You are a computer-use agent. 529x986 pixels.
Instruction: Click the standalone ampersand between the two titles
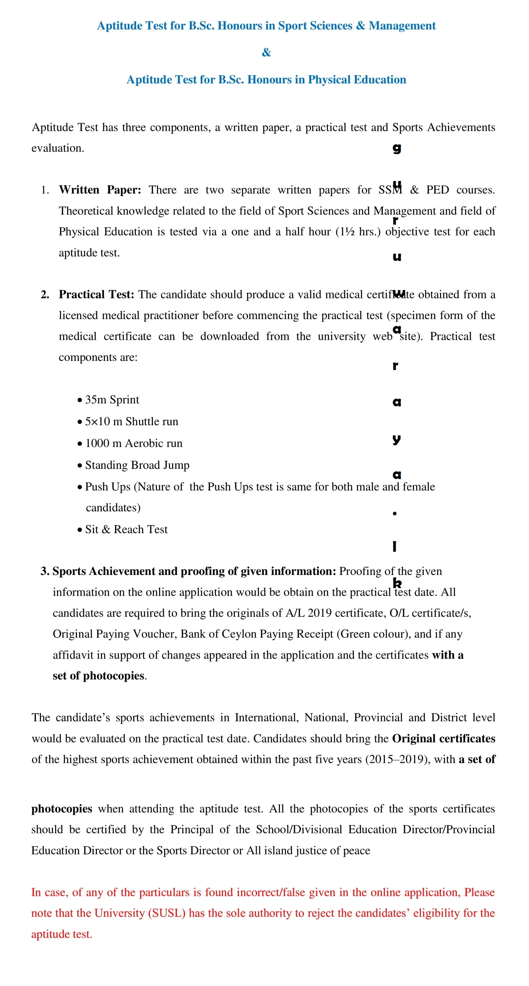point(266,52)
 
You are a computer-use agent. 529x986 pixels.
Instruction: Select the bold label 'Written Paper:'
point(100,190)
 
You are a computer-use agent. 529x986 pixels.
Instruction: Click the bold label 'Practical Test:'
point(96,294)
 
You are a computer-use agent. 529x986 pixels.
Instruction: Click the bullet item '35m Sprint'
point(112,400)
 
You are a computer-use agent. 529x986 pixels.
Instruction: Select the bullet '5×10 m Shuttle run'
point(131,422)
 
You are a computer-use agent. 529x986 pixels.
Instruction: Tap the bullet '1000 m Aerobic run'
point(134,444)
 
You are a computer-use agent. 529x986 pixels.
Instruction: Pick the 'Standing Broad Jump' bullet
point(137,466)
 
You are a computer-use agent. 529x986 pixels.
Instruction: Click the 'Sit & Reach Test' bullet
point(126,530)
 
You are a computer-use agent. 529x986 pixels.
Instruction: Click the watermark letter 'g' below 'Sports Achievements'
point(396,149)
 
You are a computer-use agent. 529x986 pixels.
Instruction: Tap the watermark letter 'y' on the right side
point(396,439)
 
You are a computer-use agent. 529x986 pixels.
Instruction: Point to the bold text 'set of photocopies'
point(98,676)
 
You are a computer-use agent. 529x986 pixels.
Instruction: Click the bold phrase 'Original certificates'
point(443,739)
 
